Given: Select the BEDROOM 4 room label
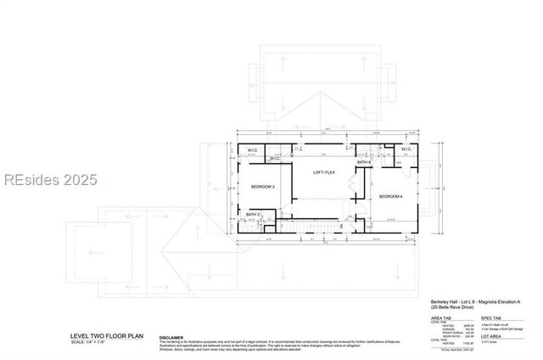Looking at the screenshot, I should pyautogui.click(x=389, y=197).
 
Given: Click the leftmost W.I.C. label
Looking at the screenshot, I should pyautogui.click(x=253, y=151).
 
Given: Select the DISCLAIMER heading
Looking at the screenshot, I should pyautogui.click(x=171, y=336).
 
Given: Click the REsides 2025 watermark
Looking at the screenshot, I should pyautogui.click(x=49, y=180).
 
